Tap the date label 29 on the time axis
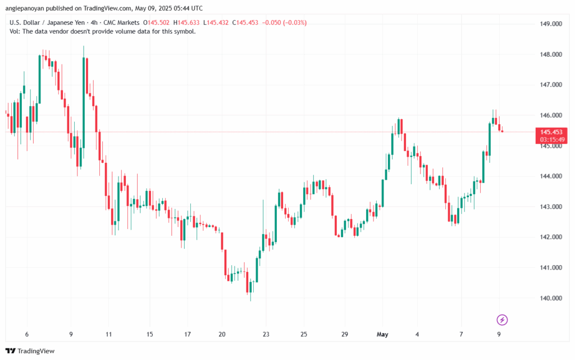(x=345, y=335)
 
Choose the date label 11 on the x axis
(x=108, y=335)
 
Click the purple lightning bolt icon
(x=503, y=320)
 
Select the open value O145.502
(x=158, y=22)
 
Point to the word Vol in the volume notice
(x=15, y=31)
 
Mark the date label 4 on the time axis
(x=417, y=335)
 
